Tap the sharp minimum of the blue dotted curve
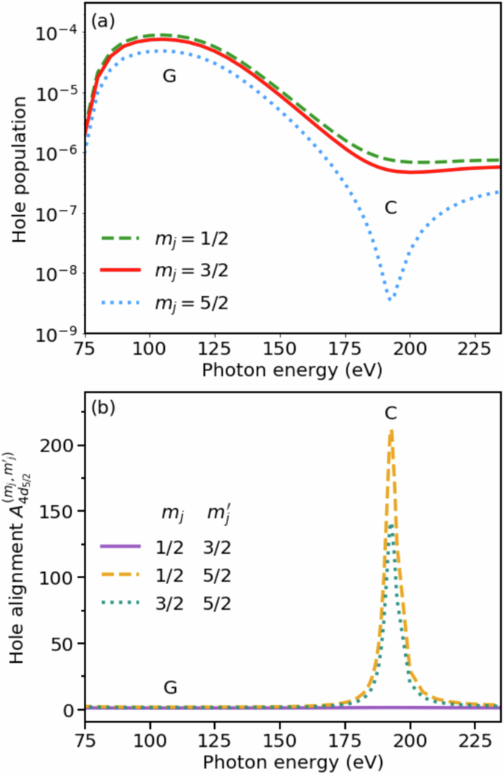click(391, 298)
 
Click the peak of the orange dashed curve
click(391, 430)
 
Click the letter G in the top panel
click(169, 76)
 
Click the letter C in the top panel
click(391, 208)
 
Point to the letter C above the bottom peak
click(391, 414)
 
